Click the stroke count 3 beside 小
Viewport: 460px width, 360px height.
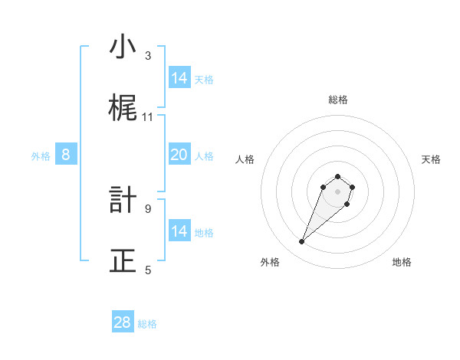click(x=148, y=56)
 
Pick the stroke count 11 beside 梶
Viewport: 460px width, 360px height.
click(x=148, y=117)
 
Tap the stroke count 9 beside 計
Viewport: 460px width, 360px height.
click(x=148, y=208)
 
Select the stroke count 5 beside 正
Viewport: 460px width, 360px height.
click(x=148, y=270)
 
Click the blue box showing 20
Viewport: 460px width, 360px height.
click(x=179, y=155)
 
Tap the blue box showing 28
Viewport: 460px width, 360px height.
click(x=123, y=322)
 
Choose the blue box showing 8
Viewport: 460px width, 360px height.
click(x=66, y=155)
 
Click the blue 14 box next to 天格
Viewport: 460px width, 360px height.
click(x=179, y=78)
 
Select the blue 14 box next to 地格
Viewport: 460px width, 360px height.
click(x=179, y=231)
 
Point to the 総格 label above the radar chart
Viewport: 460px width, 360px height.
click(x=337, y=100)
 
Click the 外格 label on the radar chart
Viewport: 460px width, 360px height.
click(x=270, y=262)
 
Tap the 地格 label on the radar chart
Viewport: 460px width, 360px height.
click(x=402, y=262)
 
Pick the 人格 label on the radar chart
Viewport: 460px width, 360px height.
click(x=245, y=159)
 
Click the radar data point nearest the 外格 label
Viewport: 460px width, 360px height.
click(x=302, y=242)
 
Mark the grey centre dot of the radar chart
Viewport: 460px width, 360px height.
click(x=337, y=191)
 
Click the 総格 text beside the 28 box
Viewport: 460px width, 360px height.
click(x=147, y=324)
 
